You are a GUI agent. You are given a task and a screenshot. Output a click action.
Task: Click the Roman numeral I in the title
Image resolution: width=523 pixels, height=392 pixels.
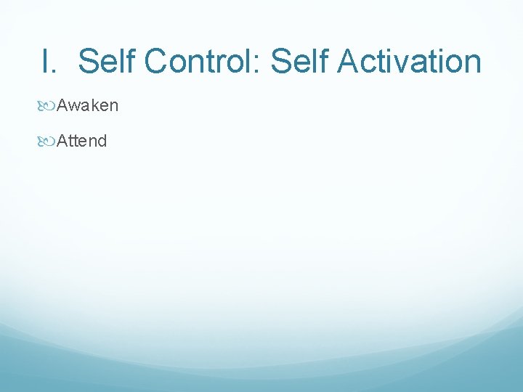click(46, 61)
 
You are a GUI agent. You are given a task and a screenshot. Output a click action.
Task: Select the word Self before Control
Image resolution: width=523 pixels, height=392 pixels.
click(107, 61)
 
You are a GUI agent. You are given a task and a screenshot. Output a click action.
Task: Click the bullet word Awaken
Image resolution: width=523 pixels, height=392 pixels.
click(88, 106)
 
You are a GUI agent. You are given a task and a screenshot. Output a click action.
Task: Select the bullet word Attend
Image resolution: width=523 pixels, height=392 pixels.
click(82, 141)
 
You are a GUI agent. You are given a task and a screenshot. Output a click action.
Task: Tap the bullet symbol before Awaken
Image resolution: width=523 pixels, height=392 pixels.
click(49, 107)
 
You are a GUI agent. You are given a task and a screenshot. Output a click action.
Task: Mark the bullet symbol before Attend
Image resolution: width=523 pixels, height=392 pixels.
click(49, 142)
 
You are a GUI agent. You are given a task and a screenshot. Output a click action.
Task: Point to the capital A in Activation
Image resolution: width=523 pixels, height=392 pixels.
click(349, 61)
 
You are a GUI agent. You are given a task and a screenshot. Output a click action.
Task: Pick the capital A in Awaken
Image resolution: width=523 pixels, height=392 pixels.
click(62, 106)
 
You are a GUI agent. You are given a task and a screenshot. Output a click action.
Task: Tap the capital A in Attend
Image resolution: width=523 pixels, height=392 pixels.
click(62, 141)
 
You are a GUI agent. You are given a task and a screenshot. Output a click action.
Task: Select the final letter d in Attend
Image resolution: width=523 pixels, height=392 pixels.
click(102, 141)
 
